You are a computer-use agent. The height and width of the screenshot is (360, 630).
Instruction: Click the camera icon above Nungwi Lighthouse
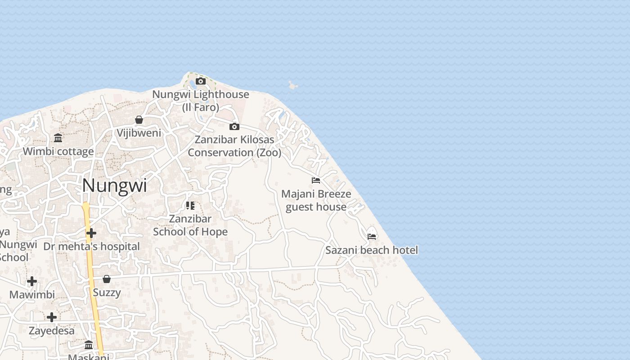coord(201,81)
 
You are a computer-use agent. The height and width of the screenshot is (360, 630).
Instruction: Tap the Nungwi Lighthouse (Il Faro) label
coord(201,100)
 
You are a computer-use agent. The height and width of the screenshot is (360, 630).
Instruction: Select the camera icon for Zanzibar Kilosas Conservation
coord(234,126)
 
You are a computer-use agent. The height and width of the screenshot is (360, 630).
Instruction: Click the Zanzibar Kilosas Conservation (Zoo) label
coord(234,146)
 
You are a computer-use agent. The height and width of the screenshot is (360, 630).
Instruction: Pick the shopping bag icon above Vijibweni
coord(139,120)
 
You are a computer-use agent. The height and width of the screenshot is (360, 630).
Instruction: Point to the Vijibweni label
coord(139,133)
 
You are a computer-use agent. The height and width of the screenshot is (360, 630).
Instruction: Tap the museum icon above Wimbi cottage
coord(58,138)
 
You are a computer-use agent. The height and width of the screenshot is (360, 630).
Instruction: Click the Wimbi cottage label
coord(58,151)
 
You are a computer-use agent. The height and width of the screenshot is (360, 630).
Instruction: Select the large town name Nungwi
coord(114,185)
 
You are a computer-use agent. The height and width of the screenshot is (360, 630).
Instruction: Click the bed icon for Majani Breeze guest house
coord(316,180)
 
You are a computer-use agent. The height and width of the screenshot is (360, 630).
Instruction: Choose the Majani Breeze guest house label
coord(316,200)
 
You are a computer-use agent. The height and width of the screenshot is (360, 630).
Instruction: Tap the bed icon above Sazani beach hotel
coord(372,236)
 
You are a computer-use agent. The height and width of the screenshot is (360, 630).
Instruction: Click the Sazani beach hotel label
coord(372,250)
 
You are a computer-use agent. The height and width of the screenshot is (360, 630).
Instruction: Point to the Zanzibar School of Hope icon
coord(190,206)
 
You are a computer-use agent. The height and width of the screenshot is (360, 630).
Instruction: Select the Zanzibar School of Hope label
coord(190,225)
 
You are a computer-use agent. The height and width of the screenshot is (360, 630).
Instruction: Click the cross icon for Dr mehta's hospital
coord(91,233)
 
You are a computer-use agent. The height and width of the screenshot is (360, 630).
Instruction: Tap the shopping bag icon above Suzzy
coord(107,279)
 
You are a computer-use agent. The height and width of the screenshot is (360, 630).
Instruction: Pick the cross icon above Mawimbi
coord(32,281)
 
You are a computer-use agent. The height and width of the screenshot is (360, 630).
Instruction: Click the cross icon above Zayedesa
coord(52,317)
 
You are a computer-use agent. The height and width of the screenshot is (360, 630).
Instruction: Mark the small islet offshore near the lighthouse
coord(293,85)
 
